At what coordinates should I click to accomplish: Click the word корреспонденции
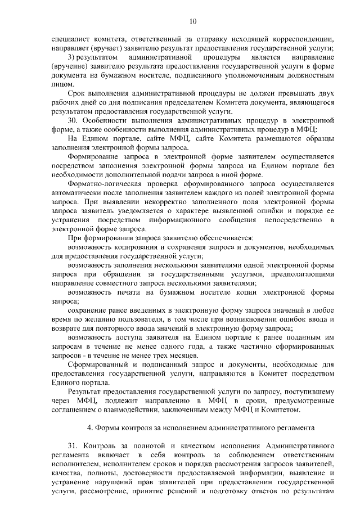(300, 39)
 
